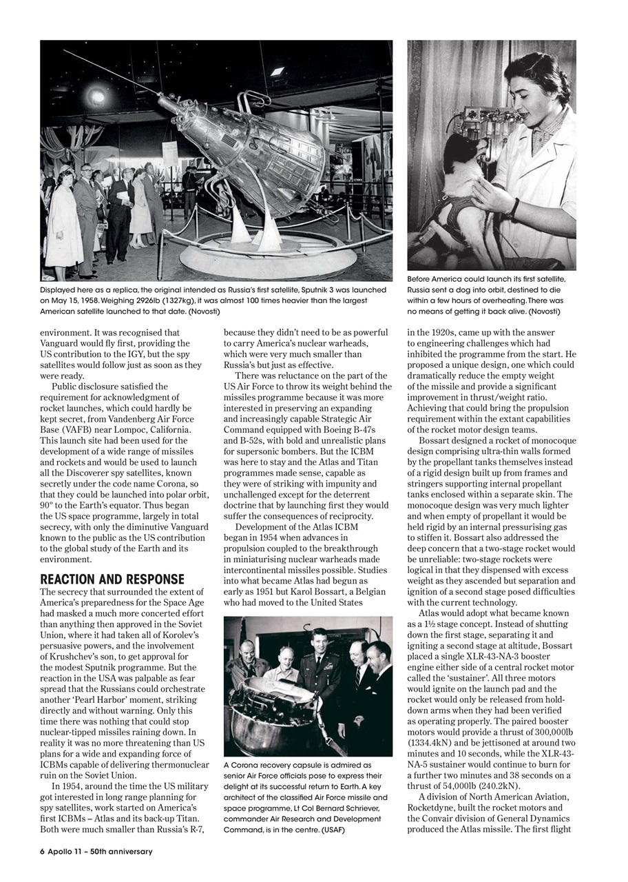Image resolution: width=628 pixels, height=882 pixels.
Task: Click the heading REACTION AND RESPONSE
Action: click(x=112, y=579)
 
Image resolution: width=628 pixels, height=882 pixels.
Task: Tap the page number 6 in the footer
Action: click(x=42, y=851)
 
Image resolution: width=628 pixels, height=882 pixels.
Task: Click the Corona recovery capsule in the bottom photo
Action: click(x=275, y=720)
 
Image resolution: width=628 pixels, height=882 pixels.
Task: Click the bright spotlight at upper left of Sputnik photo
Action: click(x=96, y=96)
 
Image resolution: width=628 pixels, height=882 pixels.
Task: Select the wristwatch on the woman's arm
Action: click(x=515, y=207)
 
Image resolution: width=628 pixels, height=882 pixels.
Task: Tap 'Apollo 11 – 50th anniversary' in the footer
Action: click(x=101, y=851)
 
